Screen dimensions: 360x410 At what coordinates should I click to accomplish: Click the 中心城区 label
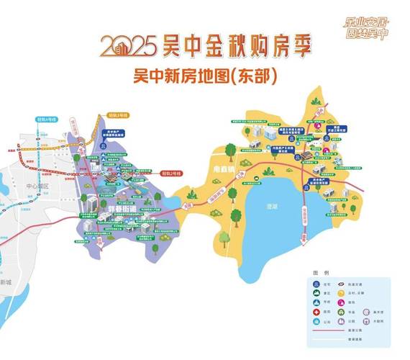36,185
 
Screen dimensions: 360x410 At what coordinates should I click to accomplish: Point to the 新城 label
6,282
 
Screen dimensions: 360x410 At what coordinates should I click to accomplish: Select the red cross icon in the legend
317,313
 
